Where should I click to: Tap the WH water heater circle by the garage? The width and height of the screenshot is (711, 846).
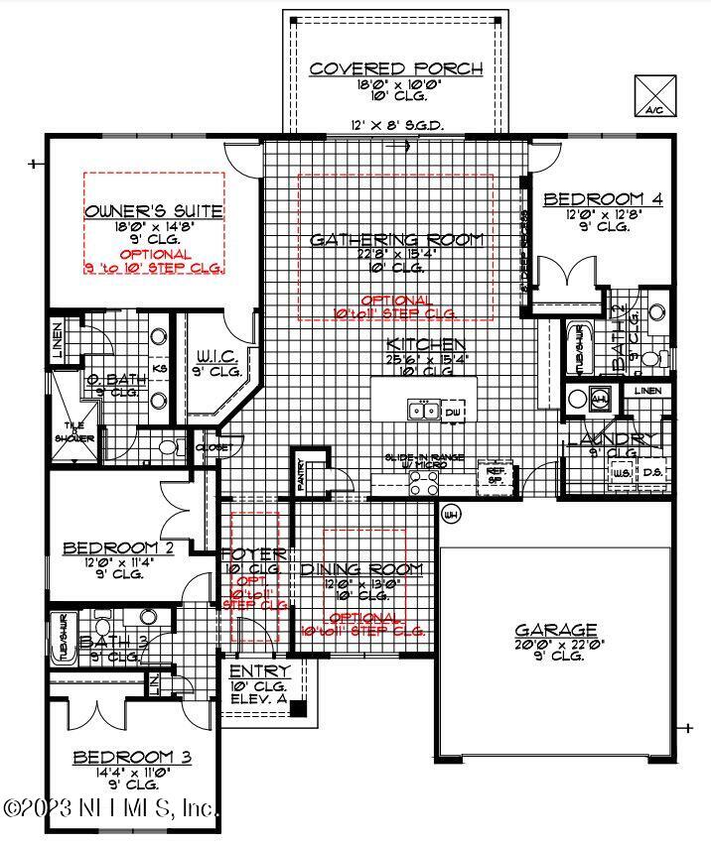[x=450, y=515]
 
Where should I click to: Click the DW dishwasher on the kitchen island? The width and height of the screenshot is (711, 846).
[x=454, y=411]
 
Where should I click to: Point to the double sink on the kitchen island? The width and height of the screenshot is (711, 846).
[x=423, y=410]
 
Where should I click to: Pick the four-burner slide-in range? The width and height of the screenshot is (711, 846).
[x=425, y=482]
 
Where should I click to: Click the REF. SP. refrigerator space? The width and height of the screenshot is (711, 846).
[x=495, y=473]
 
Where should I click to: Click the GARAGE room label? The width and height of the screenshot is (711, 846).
[x=556, y=630]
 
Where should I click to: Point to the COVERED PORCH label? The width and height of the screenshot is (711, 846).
[x=396, y=69]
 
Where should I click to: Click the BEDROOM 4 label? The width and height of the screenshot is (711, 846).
[x=603, y=199]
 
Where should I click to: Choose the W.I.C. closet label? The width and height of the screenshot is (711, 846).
[x=213, y=355]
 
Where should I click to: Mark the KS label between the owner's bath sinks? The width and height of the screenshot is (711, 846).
[x=159, y=368]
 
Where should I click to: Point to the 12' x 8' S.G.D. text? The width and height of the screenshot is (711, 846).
[x=396, y=126]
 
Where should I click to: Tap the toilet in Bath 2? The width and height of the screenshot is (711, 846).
[x=650, y=357]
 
